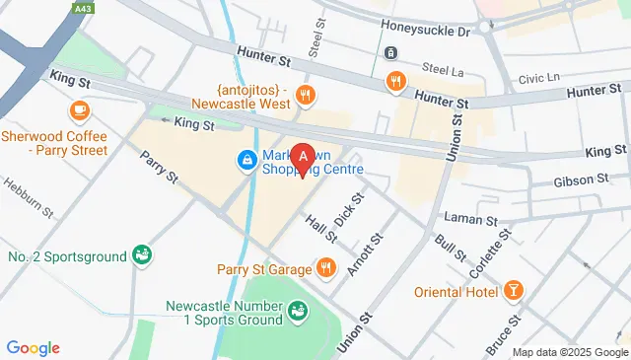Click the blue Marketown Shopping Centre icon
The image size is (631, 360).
[245, 159]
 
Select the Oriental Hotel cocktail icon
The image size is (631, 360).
[513, 290]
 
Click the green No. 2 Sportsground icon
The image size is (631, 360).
[143, 256]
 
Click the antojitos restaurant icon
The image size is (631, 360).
[307, 96]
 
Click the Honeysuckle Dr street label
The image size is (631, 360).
[430, 31]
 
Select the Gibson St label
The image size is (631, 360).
[580, 180]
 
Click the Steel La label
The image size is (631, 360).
[442, 68]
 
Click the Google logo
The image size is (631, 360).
[33, 348]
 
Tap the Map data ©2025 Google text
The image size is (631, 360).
[569, 352]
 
